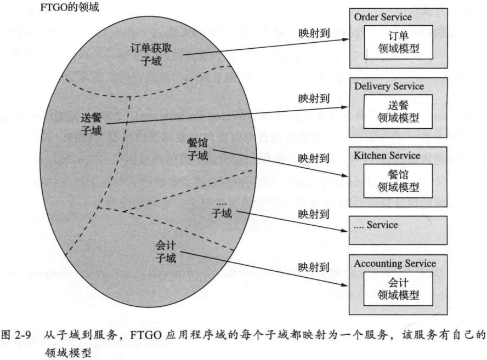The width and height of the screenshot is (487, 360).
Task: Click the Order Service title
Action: (x=382, y=18)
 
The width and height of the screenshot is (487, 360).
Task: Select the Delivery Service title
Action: (x=389, y=87)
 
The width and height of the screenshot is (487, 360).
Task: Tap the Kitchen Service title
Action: (x=387, y=156)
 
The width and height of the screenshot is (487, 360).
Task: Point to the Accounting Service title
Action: (x=395, y=264)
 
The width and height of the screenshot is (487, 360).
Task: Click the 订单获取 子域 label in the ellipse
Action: (x=154, y=54)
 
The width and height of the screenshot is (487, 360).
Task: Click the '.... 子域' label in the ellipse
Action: (x=222, y=209)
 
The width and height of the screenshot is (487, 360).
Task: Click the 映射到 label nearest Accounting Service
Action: (x=313, y=267)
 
